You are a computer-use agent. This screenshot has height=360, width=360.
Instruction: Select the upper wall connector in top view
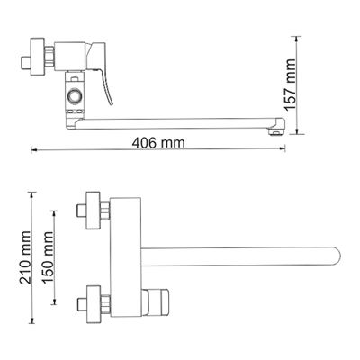click(x=94, y=212)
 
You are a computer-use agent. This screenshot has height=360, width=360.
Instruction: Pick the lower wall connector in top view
click(x=94, y=301)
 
